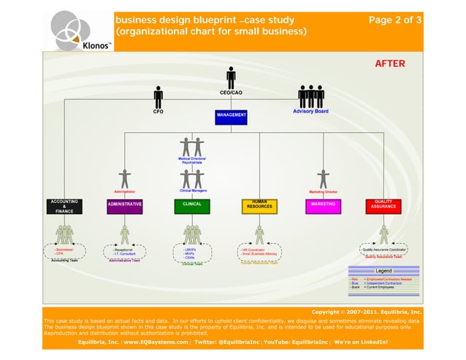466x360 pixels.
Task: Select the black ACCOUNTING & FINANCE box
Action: [64, 207]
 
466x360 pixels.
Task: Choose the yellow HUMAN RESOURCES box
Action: [259, 206]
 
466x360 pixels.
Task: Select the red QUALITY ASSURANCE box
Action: [383, 206]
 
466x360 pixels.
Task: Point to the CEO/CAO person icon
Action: [231, 77]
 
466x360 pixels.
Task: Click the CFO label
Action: [158, 112]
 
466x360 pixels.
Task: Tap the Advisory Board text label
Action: [310, 112]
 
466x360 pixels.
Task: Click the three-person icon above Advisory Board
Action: [310, 96]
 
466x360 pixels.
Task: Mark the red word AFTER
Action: [389, 64]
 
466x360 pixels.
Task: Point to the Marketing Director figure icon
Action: [323, 178]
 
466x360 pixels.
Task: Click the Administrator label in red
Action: [125, 191]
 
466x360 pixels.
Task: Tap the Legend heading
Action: [383, 271]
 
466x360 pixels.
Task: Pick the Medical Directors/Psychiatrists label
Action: [193, 159]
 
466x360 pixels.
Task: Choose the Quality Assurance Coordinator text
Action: [384, 250]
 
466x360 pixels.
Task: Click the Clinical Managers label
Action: [193, 191]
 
